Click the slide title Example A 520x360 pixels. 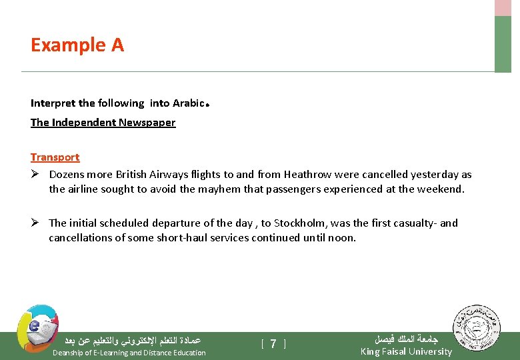coord(77,45)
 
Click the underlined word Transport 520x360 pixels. coord(55,157)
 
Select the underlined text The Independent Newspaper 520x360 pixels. coord(103,123)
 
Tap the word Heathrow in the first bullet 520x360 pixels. coord(307,175)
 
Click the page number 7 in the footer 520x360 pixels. coord(273,344)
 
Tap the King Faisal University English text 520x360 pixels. coord(405,351)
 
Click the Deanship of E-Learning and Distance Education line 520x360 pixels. coord(129,353)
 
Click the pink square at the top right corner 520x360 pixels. coord(502,7)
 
